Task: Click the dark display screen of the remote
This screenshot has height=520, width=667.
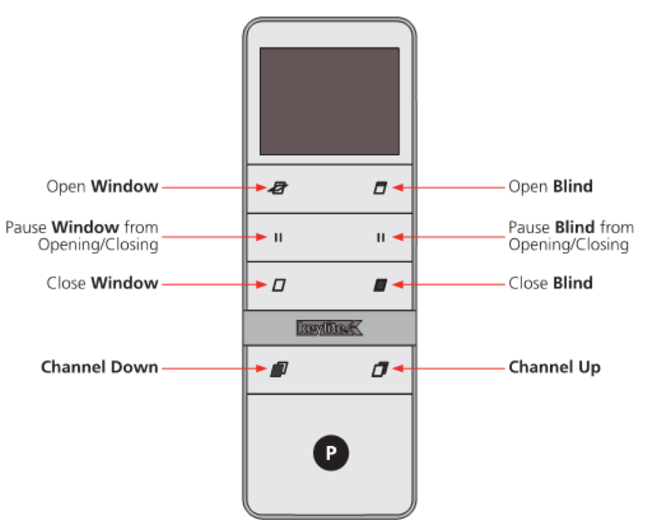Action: [x=329, y=101]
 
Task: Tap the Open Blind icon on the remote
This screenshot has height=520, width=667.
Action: [x=379, y=188]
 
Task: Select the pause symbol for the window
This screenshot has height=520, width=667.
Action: [x=278, y=237]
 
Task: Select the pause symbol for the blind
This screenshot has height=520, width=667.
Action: [x=380, y=237]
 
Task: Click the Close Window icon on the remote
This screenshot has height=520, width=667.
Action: [x=279, y=285]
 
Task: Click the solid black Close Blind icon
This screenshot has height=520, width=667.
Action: [x=379, y=285]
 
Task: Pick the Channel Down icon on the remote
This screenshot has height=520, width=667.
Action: [x=279, y=370]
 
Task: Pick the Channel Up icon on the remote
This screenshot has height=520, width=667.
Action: [x=379, y=370]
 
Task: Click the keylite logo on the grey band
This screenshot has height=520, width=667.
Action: [x=330, y=329]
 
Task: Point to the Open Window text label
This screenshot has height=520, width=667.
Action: [x=102, y=187]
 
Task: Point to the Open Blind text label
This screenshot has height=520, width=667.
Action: [x=551, y=187]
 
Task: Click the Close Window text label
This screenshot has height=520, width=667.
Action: [x=102, y=283]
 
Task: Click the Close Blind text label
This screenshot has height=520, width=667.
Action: [x=551, y=283]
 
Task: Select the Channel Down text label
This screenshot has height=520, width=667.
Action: [x=99, y=368]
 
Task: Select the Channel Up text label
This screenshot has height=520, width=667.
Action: [x=554, y=368]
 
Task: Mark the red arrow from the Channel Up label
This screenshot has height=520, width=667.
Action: [x=448, y=368]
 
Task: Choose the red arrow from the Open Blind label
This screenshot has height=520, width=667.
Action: [x=448, y=188]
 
